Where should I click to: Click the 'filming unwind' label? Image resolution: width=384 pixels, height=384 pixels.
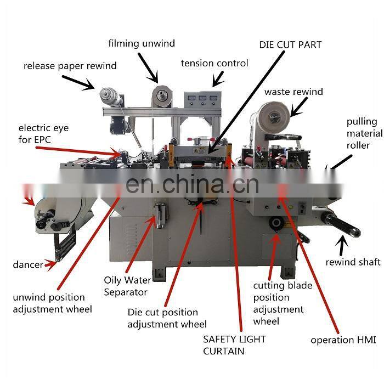tap(142, 43)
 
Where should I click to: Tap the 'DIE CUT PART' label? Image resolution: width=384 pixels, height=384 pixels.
tap(290, 45)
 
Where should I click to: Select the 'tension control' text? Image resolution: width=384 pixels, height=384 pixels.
tap(214, 63)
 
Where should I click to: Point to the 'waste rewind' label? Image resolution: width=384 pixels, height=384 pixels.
tap(293, 92)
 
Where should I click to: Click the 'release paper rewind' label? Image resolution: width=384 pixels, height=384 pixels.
tap(70, 66)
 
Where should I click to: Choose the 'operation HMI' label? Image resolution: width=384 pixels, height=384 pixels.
tap(343, 340)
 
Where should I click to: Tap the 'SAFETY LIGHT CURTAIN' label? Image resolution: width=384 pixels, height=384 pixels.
tap(234, 345)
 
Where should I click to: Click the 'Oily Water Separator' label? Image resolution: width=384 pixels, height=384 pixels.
tap(127, 286)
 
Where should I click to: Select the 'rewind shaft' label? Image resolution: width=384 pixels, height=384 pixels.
tap(353, 262)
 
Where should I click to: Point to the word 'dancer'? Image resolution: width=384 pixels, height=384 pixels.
tap(28, 264)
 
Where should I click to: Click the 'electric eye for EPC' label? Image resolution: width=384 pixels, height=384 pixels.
tap(43, 134)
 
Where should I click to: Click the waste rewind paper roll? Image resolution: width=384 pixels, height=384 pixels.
tap(274, 116)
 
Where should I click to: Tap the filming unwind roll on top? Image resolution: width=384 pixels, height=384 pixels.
tap(162, 96)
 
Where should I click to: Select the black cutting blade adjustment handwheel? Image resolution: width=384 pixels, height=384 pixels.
tap(276, 223)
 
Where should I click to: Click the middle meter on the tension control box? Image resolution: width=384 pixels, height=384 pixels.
tap(202, 98)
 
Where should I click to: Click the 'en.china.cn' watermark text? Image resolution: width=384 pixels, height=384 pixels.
tap(192, 185)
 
